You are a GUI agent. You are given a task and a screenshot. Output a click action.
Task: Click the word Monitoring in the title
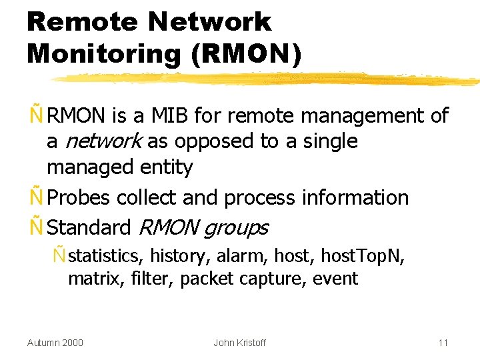pyautogui.click(x=104, y=54)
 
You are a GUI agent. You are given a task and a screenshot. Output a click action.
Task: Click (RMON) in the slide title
pyautogui.click(x=246, y=54)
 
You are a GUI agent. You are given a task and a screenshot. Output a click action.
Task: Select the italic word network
pyautogui.click(x=103, y=141)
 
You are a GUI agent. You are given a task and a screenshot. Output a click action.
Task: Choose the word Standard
pyautogui.click(x=89, y=227)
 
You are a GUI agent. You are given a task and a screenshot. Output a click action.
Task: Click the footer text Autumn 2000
pyautogui.click(x=55, y=343)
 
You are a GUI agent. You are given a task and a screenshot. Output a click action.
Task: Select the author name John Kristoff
pyautogui.click(x=239, y=343)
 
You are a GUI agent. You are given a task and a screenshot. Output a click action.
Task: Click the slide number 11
pyautogui.click(x=443, y=343)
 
